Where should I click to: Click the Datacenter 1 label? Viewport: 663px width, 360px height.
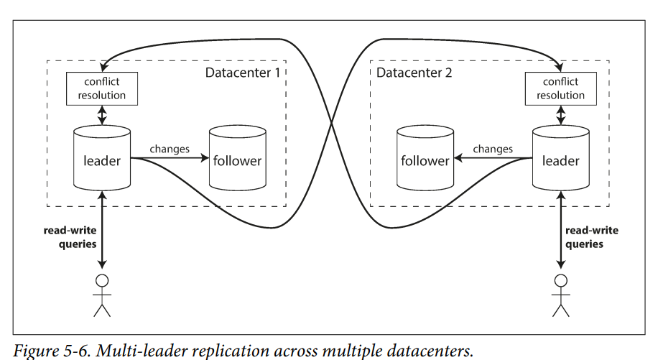pos(243,73)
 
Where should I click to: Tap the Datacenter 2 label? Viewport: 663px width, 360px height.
pos(414,73)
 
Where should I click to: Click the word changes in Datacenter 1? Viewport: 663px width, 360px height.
pos(170,149)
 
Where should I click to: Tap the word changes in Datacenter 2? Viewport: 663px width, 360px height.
pos(493,149)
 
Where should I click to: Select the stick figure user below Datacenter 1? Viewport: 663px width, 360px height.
pos(102,295)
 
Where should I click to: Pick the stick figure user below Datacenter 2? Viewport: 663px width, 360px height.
pos(561,295)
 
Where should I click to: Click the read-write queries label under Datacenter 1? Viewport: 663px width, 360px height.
pos(70,237)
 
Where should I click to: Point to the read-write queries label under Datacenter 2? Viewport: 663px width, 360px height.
pos(592,237)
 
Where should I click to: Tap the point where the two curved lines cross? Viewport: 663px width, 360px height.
pos(331,124)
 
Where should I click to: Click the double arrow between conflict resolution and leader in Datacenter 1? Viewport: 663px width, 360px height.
pos(102,115)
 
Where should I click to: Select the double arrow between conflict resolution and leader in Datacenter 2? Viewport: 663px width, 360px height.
pos(561,115)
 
